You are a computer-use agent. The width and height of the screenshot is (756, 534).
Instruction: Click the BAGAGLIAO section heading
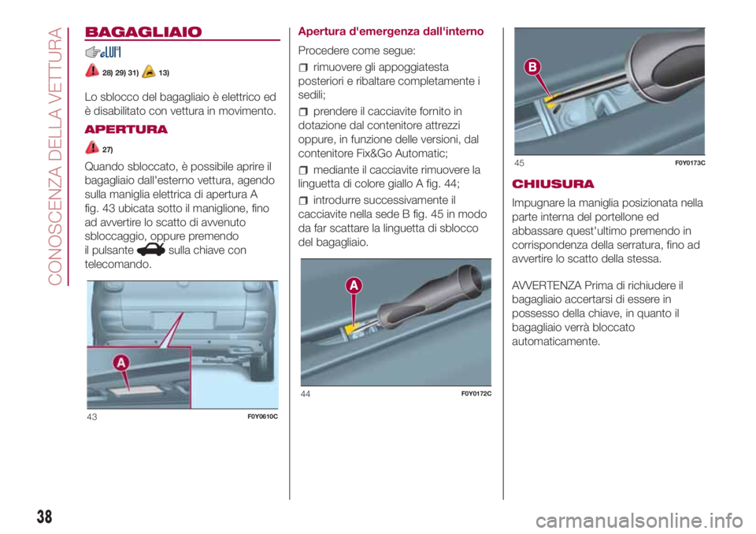(x=143, y=32)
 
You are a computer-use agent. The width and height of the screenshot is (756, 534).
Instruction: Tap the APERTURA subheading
(x=126, y=129)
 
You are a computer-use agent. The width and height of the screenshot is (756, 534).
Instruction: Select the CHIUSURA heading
(x=553, y=184)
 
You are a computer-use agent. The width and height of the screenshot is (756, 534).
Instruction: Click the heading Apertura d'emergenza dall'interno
(x=391, y=32)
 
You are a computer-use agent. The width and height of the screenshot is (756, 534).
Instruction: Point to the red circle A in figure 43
(x=121, y=363)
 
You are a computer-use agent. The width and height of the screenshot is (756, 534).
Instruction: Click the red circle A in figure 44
(x=354, y=286)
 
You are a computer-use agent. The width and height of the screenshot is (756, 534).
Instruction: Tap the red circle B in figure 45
(x=533, y=67)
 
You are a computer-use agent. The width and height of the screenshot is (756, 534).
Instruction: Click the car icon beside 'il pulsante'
(x=151, y=250)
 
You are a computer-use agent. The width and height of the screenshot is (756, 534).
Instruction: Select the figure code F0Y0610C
(x=262, y=417)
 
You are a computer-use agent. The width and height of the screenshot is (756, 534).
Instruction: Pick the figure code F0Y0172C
(x=476, y=394)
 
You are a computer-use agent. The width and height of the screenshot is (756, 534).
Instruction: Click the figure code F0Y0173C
(x=690, y=163)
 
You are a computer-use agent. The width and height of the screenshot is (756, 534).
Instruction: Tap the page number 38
(x=44, y=517)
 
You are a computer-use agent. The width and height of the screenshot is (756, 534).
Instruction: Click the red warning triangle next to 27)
(x=92, y=147)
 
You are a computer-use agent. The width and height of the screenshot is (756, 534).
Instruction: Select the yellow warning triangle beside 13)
(x=149, y=72)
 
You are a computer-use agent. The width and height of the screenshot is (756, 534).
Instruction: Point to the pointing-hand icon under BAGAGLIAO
(x=93, y=52)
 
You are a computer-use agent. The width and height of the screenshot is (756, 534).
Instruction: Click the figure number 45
(x=519, y=163)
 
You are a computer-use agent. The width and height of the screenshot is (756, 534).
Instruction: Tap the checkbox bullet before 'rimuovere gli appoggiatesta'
(x=302, y=68)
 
